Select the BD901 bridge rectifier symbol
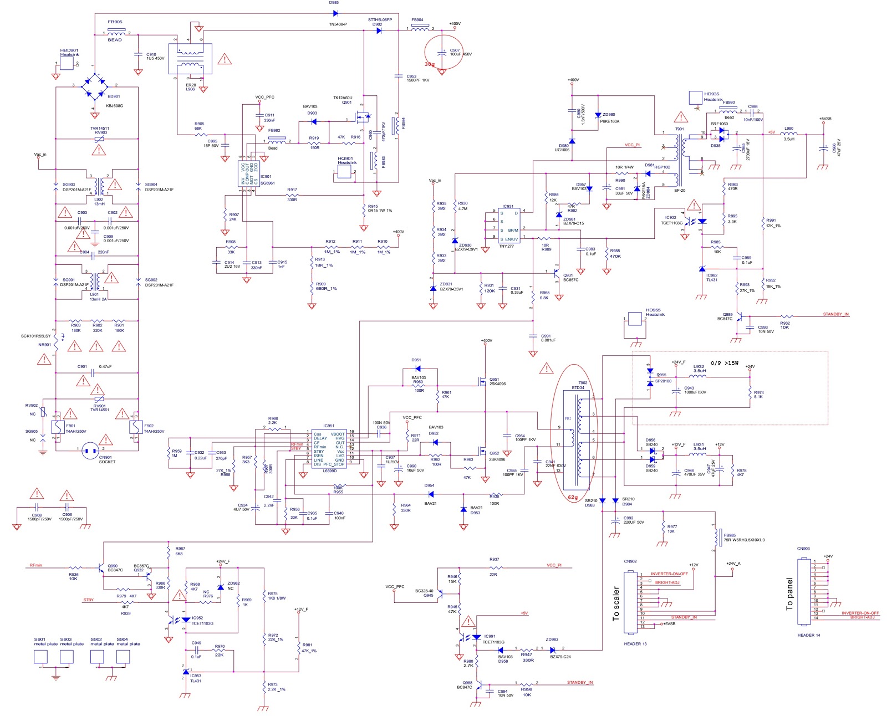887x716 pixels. click(95, 85)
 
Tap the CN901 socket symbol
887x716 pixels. click(90, 451)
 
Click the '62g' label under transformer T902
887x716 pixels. click(573, 498)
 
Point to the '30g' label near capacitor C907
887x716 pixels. click(429, 64)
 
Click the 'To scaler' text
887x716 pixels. click(616, 604)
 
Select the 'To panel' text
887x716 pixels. click(789, 594)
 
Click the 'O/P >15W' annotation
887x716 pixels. click(725, 363)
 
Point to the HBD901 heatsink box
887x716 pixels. click(66, 63)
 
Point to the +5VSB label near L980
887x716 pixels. click(825, 119)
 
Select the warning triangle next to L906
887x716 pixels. click(225, 59)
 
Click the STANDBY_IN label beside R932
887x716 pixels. click(835, 315)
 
